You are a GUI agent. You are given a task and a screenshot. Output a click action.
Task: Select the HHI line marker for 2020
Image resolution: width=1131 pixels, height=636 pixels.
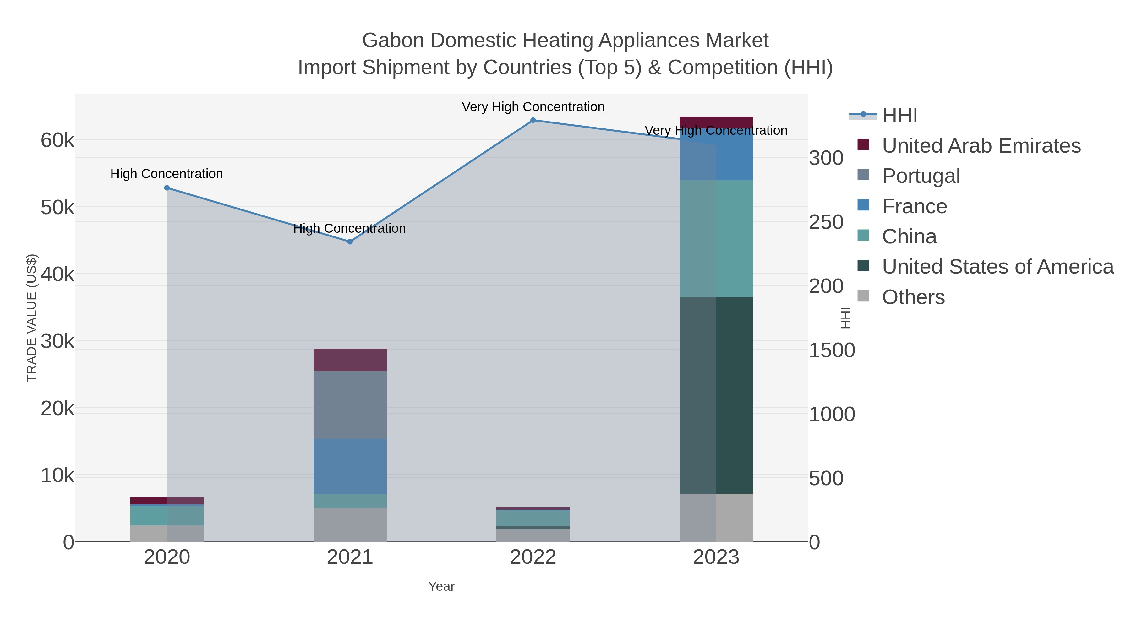pyautogui.click(x=167, y=188)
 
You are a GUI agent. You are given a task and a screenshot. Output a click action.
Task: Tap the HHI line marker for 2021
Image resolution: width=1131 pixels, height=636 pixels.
pyautogui.click(x=350, y=242)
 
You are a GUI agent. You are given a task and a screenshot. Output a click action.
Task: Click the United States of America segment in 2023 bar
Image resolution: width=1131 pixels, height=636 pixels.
pyautogui.click(x=716, y=395)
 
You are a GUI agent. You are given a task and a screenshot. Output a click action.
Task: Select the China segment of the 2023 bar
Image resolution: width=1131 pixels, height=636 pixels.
pyautogui.click(x=716, y=238)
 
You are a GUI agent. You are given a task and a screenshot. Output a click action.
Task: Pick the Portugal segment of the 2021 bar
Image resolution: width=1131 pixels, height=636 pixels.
pyautogui.click(x=350, y=405)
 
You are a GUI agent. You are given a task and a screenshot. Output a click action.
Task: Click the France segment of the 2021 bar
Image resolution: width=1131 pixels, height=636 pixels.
pyautogui.click(x=350, y=466)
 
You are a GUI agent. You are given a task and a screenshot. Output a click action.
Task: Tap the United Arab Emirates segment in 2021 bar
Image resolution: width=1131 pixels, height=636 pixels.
pyautogui.click(x=350, y=360)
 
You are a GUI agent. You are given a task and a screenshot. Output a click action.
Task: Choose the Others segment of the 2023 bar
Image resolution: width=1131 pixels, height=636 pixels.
pyautogui.click(x=716, y=518)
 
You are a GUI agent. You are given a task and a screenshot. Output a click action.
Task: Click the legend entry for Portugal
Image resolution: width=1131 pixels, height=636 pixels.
pyautogui.click(x=921, y=176)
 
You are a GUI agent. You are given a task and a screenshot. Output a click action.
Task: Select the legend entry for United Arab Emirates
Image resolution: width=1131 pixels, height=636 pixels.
pyautogui.click(x=981, y=146)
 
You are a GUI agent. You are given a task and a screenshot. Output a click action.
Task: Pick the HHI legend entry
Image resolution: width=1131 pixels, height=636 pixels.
pyautogui.click(x=899, y=116)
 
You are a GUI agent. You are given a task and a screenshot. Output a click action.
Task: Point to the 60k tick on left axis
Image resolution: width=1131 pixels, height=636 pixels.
pyautogui.click(x=57, y=141)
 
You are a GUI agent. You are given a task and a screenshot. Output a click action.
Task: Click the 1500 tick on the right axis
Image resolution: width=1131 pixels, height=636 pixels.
pyautogui.click(x=832, y=350)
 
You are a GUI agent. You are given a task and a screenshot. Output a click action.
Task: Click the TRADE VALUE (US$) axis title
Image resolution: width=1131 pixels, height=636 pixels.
pyautogui.click(x=32, y=318)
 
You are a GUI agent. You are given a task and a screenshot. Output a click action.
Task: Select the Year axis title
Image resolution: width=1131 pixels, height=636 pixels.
pyautogui.click(x=441, y=586)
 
